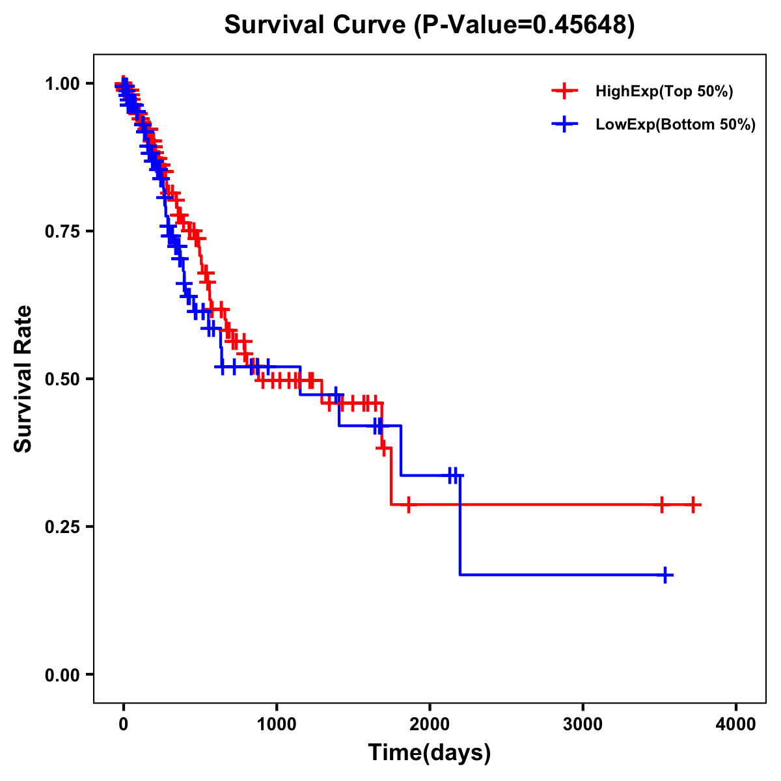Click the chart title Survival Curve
(x=429, y=25)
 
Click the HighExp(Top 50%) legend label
(x=665, y=92)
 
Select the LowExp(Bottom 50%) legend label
(x=676, y=124)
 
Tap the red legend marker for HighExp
(x=564, y=91)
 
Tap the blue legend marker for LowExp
(x=564, y=124)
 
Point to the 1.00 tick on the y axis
(x=62, y=83)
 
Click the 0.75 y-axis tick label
(x=62, y=231)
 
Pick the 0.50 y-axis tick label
(x=62, y=379)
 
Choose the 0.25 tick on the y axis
(x=62, y=527)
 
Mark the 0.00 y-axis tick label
(x=62, y=674)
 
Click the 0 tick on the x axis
(x=123, y=724)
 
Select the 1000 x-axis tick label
(x=277, y=724)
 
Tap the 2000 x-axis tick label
(x=430, y=724)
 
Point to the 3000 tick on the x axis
(x=583, y=724)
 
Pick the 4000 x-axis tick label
(x=736, y=724)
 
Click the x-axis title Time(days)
(x=430, y=753)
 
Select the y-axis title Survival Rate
(x=23, y=379)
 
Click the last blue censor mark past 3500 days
(x=665, y=575)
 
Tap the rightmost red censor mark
(x=694, y=504)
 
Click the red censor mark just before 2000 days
(x=408, y=504)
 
